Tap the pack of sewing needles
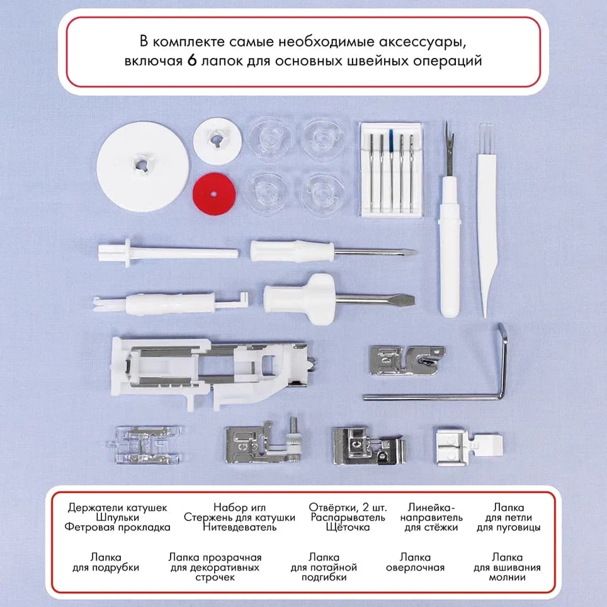coord(390,169)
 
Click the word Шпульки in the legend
coord(117,517)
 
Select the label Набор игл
coord(239,507)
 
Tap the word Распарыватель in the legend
coord(348,517)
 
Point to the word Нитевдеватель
coord(239,527)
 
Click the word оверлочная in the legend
coord(416,567)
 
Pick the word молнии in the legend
coord(507,577)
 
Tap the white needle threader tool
coord(170,304)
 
